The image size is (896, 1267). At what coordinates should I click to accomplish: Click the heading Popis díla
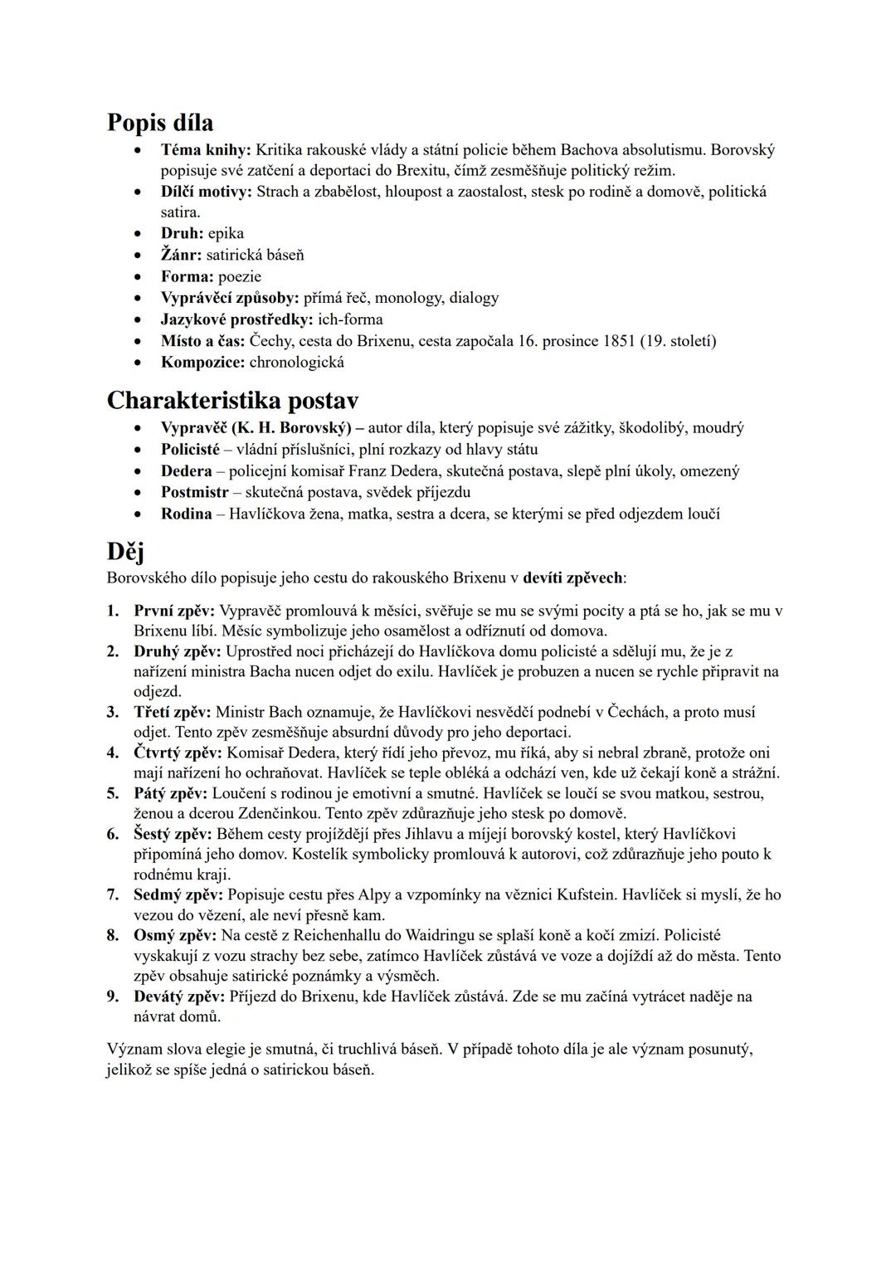click(x=160, y=123)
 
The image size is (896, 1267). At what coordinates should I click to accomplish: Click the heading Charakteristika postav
click(x=233, y=401)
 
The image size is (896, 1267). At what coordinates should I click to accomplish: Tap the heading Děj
click(x=126, y=551)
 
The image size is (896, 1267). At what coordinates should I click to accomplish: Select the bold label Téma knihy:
click(x=206, y=150)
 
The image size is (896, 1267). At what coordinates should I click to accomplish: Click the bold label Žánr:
click(x=181, y=255)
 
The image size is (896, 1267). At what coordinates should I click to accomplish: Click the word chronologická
click(x=296, y=363)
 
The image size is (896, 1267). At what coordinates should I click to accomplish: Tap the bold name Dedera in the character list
click(x=186, y=471)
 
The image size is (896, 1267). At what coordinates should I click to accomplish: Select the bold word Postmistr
click(x=194, y=492)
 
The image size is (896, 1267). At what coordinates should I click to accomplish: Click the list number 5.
click(x=113, y=793)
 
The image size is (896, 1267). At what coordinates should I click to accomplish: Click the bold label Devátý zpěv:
click(x=178, y=997)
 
